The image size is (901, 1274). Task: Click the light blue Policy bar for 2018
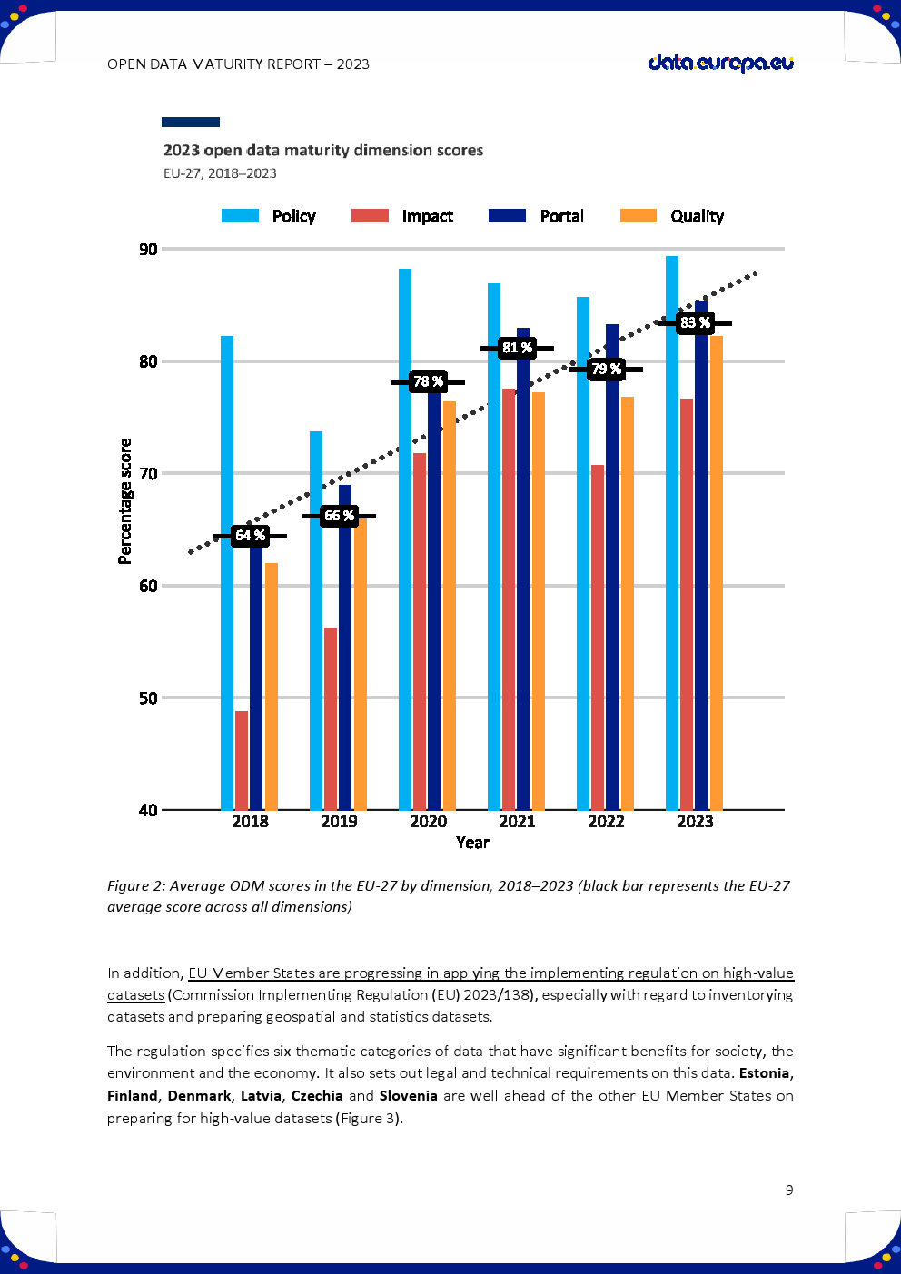tap(227, 572)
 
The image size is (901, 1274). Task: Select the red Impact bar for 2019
tap(331, 718)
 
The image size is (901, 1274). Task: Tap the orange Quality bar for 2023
tap(717, 572)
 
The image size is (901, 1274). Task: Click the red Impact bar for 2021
tap(509, 599)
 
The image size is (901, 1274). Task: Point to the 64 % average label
tap(250, 536)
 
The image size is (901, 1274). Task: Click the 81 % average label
tap(517, 348)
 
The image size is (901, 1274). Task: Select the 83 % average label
tap(695, 323)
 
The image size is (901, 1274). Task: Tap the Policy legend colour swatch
tap(240, 216)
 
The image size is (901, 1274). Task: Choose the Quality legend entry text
tap(697, 216)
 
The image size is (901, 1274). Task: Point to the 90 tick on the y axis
tap(148, 249)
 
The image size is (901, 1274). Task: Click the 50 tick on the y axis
tap(148, 698)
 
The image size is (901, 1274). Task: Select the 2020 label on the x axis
tap(428, 822)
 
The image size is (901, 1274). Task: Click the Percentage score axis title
tap(125, 501)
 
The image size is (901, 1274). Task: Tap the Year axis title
tap(472, 843)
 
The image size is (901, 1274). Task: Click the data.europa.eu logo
tap(720, 64)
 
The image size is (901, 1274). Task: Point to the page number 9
tap(789, 1190)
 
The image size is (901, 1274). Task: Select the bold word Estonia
tap(766, 1073)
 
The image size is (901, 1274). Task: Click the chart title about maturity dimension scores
tap(323, 151)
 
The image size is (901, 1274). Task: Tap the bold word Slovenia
tap(409, 1096)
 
